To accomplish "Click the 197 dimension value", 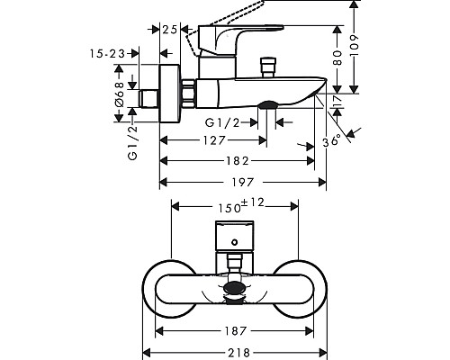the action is (x=243, y=182).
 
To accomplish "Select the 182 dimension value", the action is (x=237, y=161).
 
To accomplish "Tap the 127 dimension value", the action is (x=214, y=140).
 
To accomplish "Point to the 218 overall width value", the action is (x=238, y=352).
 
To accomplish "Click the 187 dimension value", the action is (x=236, y=331).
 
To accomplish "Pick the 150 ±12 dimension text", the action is (x=241, y=206).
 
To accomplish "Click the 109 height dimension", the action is (x=355, y=45).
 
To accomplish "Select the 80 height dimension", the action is (x=337, y=58).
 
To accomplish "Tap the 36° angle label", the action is (x=332, y=140).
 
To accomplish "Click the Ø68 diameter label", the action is (x=120, y=94).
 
